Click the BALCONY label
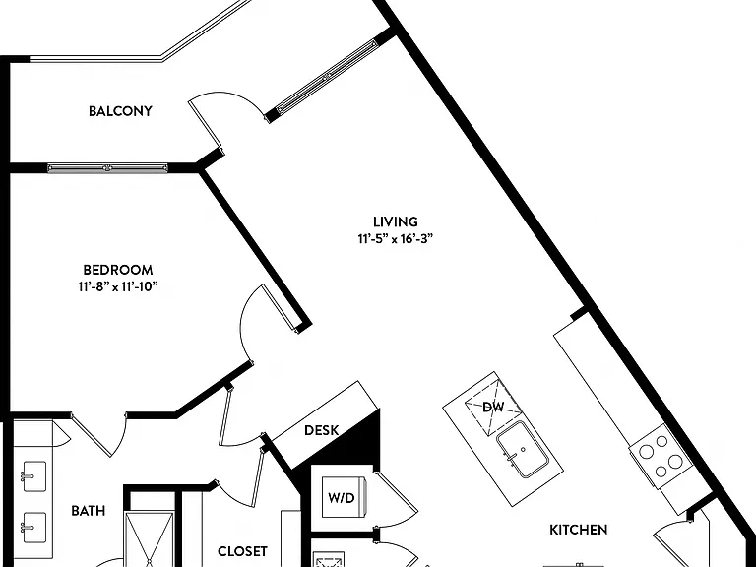pyautogui.click(x=120, y=111)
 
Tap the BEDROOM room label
pyautogui.click(x=118, y=270)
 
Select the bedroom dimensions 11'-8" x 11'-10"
pyautogui.click(x=118, y=287)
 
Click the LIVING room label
pyautogui.click(x=396, y=221)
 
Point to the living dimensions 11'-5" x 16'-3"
pyautogui.click(x=396, y=239)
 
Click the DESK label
pyautogui.click(x=322, y=430)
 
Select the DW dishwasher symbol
pyautogui.click(x=493, y=408)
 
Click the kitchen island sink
pyautogui.click(x=523, y=449)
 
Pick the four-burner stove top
pyautogui.click(x=661, y=457)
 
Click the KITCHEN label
pyautogui.click(x=578, y=530)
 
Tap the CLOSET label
pyautogui.click(x=242, y=551)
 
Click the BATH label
pyautogui.click(x=88, y=511)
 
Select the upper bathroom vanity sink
pyautogui.click(x=34, y=476)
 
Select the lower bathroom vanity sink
pyautogui.click(x=34, y=527)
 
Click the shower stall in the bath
pyautogui.click(x=149, y=539)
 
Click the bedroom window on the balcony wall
pyautogui.click(x=107, y=168)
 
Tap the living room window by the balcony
pyautogui.click(x=327, y=77)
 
